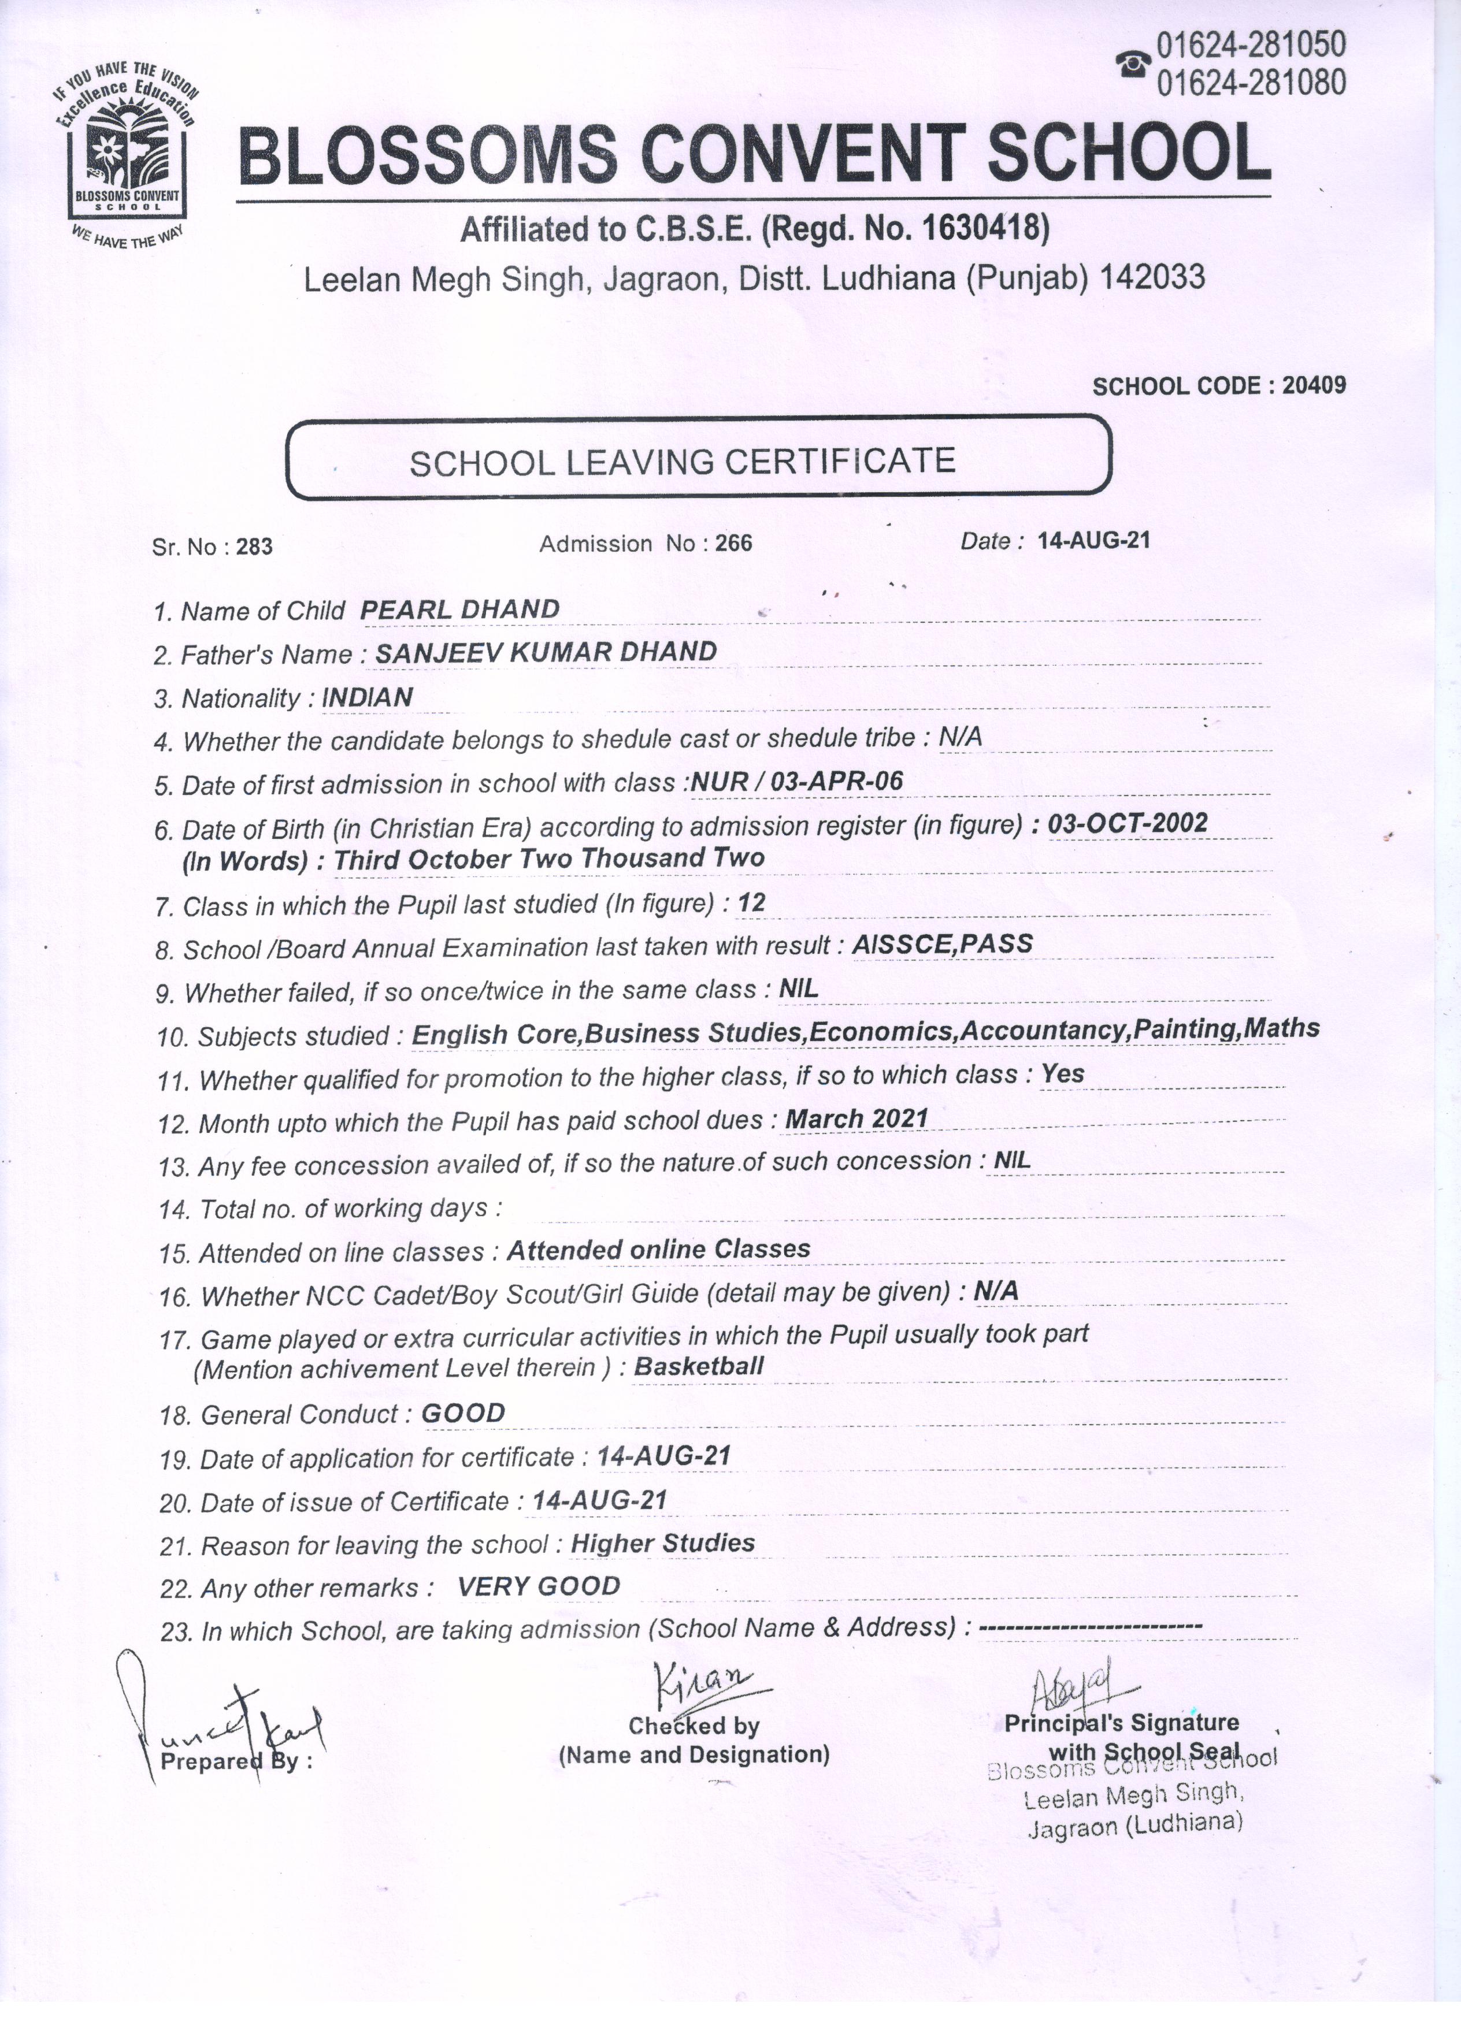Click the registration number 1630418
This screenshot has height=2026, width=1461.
(982, 229)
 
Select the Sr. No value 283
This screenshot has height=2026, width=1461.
(255, 547)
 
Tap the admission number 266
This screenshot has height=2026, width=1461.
(733, 543)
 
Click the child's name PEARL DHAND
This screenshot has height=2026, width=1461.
(459, 609)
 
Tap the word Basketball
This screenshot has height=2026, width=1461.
(699, 1366)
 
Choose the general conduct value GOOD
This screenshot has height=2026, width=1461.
(463, 1412)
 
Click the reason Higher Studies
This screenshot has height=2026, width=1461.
(662, 1542)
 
